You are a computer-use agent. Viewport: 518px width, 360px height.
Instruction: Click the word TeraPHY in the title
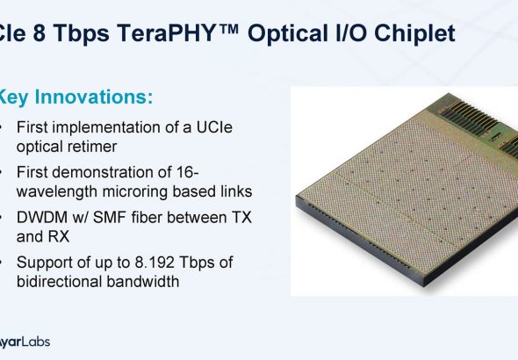[166, 32]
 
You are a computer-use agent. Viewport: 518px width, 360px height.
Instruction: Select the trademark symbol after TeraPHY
[228, 28]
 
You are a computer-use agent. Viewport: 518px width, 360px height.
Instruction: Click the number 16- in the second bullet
[188, 172]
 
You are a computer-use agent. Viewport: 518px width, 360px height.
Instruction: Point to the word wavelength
[57, 191]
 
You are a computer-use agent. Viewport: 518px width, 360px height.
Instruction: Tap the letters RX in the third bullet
[59, 236]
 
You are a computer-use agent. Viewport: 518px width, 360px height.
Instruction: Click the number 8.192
[155, 263]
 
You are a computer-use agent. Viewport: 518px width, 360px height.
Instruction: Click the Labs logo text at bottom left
[36, 342]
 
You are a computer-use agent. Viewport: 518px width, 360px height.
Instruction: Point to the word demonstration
[112, 172]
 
